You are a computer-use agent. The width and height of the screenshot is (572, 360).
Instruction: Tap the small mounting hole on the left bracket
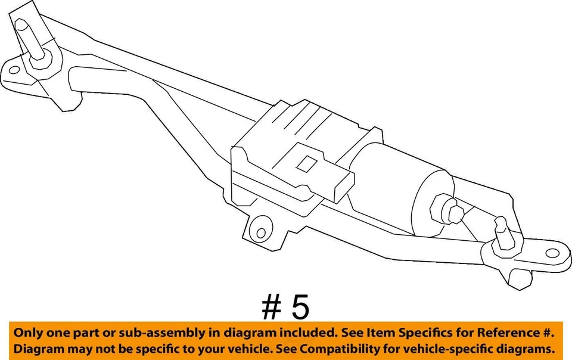click(14, 70)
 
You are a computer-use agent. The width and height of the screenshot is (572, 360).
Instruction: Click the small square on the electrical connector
click(308, 162)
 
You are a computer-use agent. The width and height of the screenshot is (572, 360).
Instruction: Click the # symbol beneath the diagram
click(271, 308)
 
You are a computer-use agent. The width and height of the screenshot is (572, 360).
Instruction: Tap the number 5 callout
click(300, 308)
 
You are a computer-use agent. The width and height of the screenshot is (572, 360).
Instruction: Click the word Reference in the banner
click(511, 333)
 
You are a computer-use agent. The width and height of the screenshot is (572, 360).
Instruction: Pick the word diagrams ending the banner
click(529, 348)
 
